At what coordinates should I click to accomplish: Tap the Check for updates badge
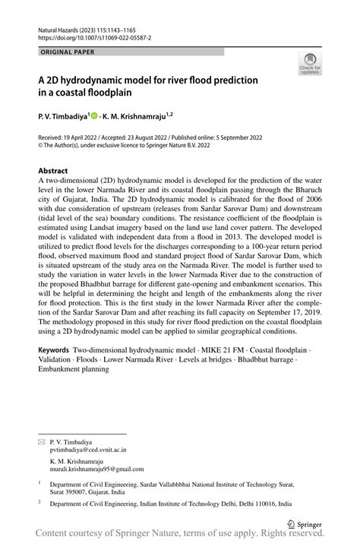coord(310,65)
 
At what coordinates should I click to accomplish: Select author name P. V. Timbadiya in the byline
coord(62,118)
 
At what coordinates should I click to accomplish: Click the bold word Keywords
coord(55,352)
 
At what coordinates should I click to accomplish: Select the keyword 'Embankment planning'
coord(74,370)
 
